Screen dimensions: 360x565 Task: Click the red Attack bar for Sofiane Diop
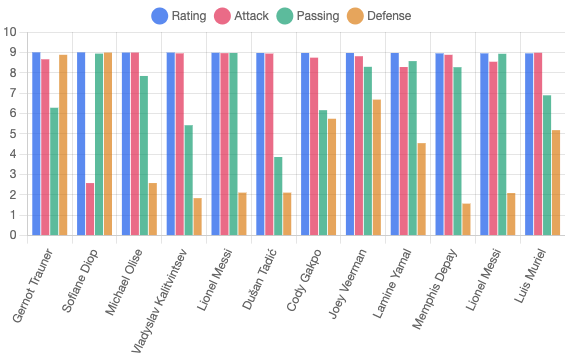click(x=91, y=209)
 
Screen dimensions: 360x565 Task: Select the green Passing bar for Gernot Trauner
click(x=55, y=171)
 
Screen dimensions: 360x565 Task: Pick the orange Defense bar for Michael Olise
click(x=153, y=209)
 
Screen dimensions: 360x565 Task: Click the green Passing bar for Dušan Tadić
click(x=279, y=196)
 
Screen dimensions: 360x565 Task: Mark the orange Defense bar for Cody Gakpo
click(x=333, y=177)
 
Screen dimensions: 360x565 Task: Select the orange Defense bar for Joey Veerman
click(x=377, y=167)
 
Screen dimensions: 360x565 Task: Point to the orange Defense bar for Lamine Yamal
click(x=422, y=189)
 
